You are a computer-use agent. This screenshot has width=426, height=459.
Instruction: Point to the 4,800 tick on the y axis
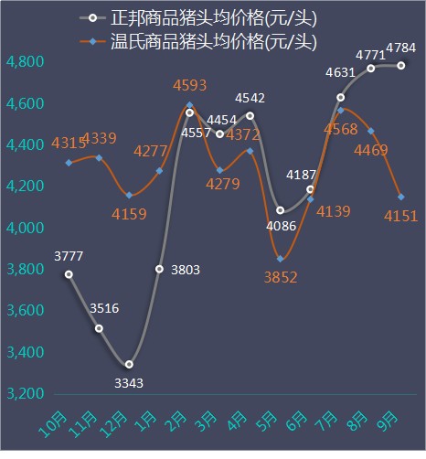pos(25,62)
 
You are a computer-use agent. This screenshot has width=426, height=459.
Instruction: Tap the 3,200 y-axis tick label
pos(25,394)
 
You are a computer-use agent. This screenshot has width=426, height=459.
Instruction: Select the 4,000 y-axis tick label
pos(25,229)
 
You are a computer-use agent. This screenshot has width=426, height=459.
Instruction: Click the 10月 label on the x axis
pos(55,426)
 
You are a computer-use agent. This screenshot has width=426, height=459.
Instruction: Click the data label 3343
pos(128,383)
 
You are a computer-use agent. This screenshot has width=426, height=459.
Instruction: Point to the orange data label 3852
pos(280,277)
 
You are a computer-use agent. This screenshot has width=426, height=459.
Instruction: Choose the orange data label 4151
pos(400,216)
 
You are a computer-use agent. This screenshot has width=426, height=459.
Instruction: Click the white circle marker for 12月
pos(129,364)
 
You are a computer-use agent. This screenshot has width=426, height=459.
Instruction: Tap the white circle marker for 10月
pos(69,274)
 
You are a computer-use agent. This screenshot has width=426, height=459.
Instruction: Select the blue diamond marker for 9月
pos(401,197)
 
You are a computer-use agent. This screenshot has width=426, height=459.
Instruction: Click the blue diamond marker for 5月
pos(281,259)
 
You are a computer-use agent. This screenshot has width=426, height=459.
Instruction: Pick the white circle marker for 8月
pos(371,68)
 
